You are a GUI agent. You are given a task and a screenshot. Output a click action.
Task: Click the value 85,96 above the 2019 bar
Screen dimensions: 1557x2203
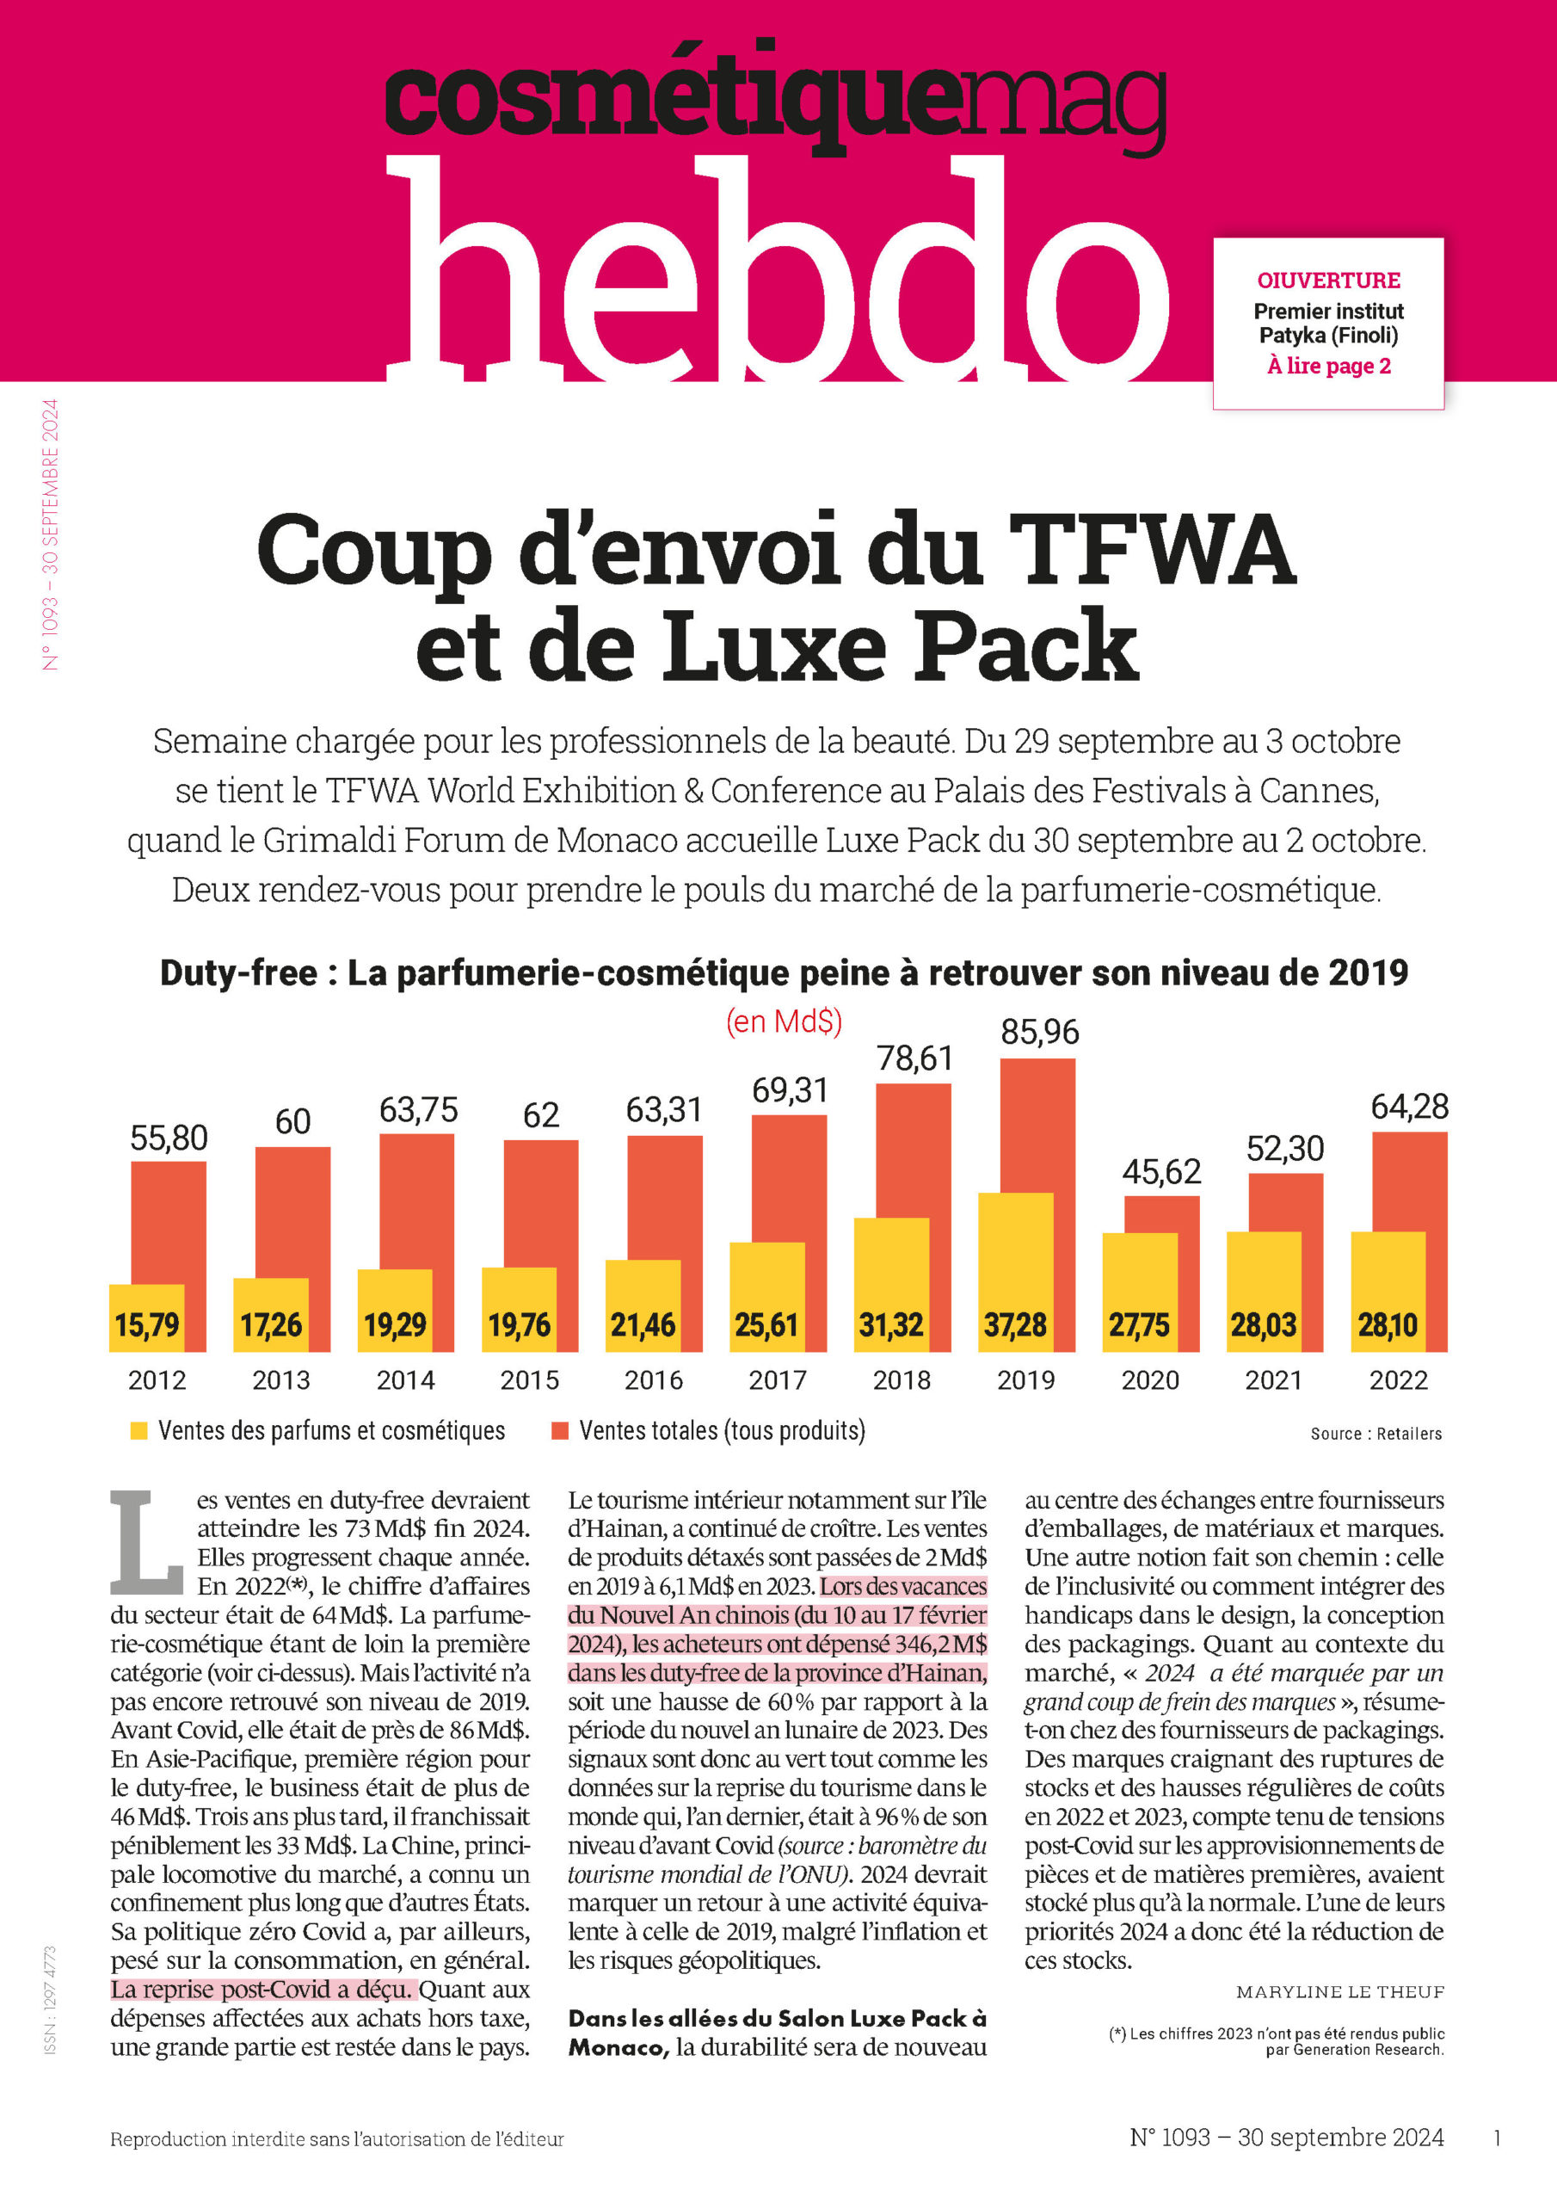pyautogui.click(x=1040, y=1033)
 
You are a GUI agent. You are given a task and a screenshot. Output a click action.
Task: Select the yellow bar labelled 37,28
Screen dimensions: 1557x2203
pyautogui.click(x=1015, y=1272)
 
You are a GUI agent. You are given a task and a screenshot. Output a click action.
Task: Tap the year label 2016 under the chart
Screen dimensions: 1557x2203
pyautogui.click(x=653, y=1380)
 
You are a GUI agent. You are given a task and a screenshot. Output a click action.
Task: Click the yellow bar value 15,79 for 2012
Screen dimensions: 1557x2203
pyautogui.click(x=147, y=1326)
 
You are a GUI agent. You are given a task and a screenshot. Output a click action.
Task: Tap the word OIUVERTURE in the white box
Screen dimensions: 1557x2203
pyautogui.click(x=1329, y=281)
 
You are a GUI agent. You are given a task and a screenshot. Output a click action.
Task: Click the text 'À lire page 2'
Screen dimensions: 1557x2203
pyautogui.click(x=1329, y=366)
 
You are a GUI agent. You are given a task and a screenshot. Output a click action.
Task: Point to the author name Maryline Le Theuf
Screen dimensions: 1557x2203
pyautogui.click(x=1340, y=1993)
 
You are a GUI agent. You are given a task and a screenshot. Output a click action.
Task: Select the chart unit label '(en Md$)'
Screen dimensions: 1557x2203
pyautogui.click(x=784, y=1021)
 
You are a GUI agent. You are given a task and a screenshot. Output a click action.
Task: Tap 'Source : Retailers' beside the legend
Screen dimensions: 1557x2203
pyautogui.click(x=1375, y=1434)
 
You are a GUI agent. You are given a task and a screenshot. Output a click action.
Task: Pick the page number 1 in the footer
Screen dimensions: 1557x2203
pyautogui.click(x=1498, y=2138)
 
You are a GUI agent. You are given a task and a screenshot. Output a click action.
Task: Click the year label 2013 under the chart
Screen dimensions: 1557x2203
pyautogui.click(x=281, y=1380)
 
